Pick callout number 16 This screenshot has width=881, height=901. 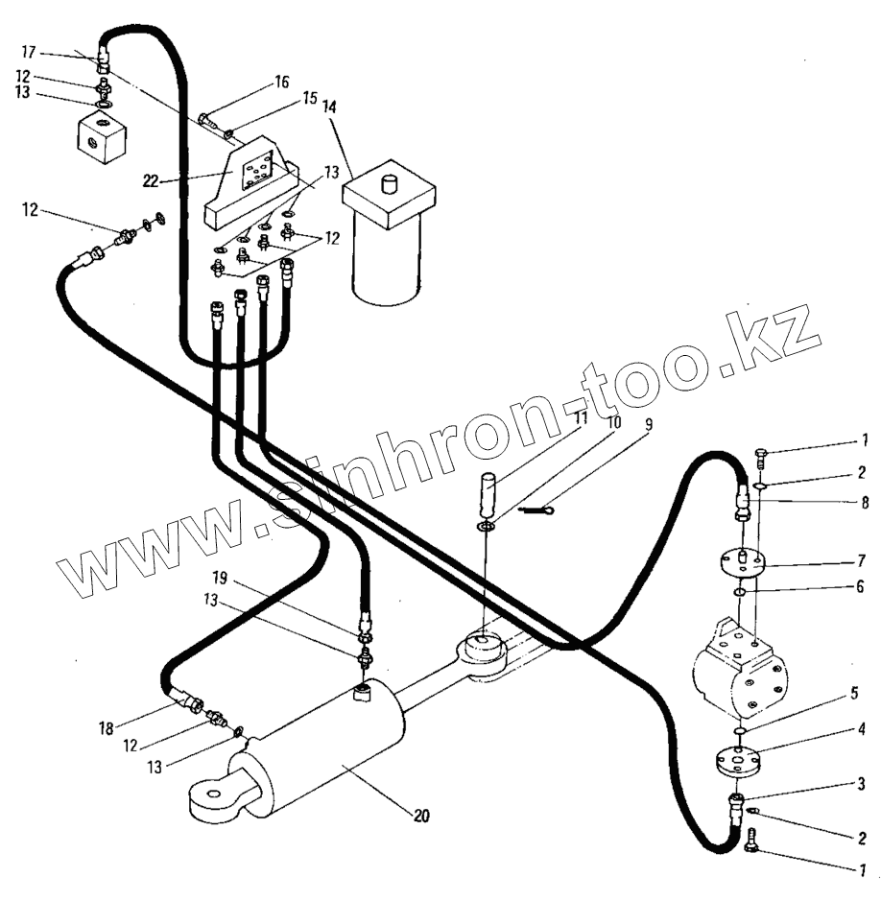click(281, 84)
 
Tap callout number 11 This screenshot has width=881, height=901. click(582, 418)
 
